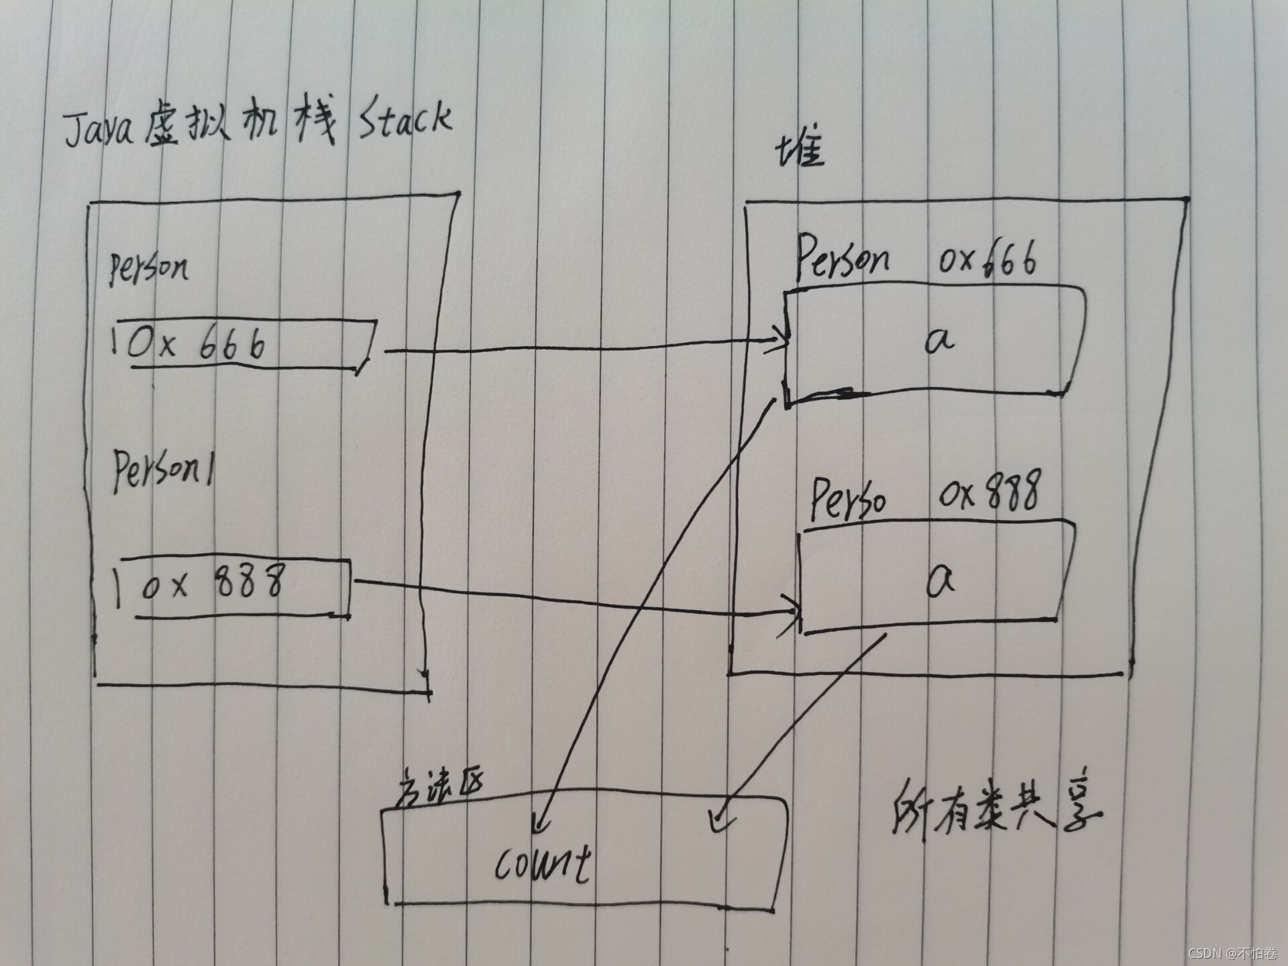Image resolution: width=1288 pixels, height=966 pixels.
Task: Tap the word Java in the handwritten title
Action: [99, 129]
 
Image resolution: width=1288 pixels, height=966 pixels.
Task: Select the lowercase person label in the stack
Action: [149, 270]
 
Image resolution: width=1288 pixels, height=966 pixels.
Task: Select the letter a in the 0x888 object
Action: [941, 580]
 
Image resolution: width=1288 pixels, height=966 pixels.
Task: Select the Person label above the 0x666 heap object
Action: [843, 260]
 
